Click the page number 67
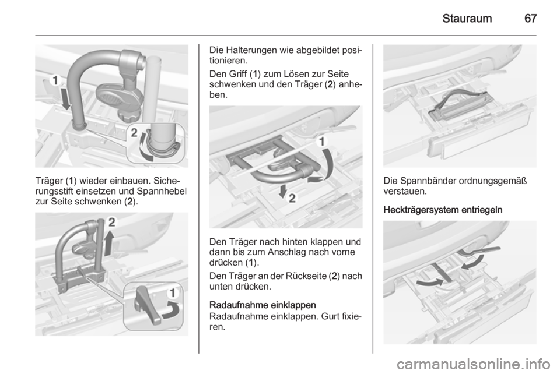(x=530, y=18)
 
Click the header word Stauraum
(x=467, y=18)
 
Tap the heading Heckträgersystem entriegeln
(x=443, y=210)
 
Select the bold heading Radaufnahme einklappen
(x=262, y=305)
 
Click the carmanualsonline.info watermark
(x=476, y=364)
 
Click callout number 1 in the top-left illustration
(x=55, y=81)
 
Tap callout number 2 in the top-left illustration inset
(x=134, y=133)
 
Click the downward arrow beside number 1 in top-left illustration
(x=66, y=99)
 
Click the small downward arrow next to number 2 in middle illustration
(x=283, y=191)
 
